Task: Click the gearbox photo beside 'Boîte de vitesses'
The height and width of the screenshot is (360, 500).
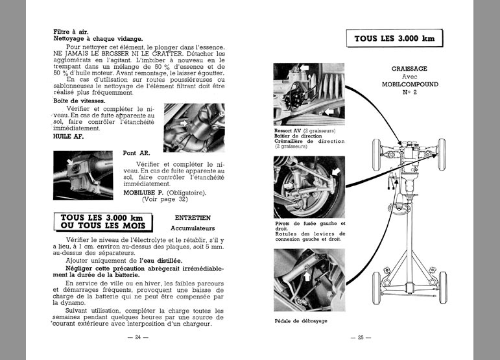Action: click(x=193, y=126)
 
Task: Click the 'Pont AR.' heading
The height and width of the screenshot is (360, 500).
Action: click(x=137, y=154)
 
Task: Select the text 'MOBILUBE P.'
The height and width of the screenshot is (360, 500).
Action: click(x=147, y=192)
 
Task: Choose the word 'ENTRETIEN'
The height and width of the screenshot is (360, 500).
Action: click(x=193, y=218)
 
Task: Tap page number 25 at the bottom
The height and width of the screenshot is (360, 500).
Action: click(x=357, y=337)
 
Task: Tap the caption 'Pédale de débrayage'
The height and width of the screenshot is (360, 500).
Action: click(x=301, y=321)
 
